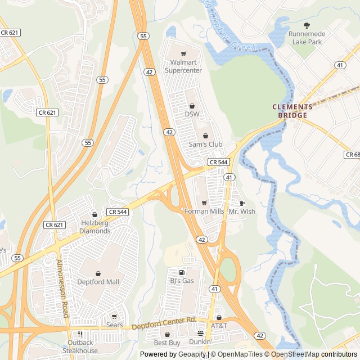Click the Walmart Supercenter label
[183, 66]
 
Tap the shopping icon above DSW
[192, 105]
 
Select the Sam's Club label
[205, 145]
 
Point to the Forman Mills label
[204, 211]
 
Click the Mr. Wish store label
[242, 211]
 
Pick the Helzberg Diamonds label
[94, 227]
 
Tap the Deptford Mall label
[98, 282]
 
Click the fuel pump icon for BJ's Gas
[182, 272]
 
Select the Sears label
[115, 325]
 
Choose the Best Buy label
[167, 343]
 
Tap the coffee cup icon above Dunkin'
[200, 334]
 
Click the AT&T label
[219, 326]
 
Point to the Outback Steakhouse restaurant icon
[80, 334]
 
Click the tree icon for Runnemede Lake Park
[307, 25]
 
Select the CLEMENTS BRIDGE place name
[292, 111]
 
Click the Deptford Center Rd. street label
[164, 323]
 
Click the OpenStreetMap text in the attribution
[295, 354]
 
